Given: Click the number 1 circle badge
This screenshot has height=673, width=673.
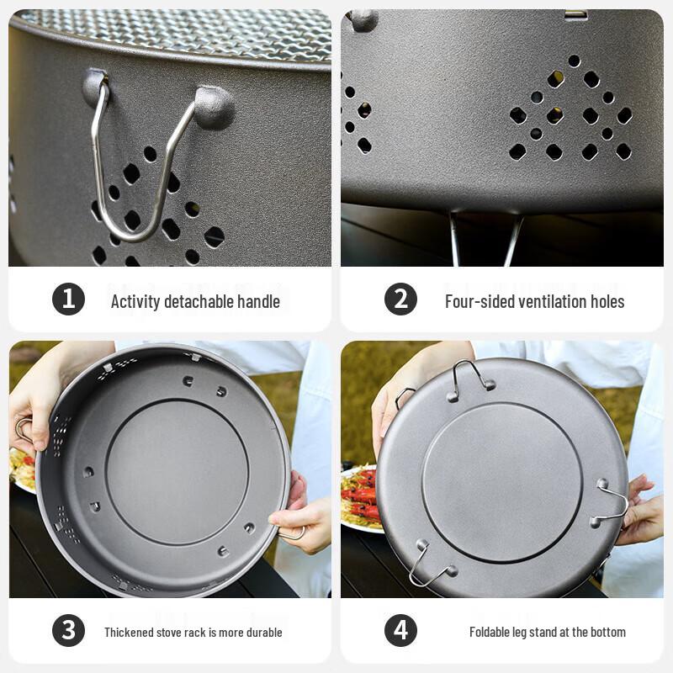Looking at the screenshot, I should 68,299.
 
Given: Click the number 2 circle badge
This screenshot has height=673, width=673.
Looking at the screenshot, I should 401,299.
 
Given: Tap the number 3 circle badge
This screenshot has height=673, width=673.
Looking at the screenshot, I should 68,631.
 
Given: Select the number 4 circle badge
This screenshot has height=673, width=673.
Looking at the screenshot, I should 401,631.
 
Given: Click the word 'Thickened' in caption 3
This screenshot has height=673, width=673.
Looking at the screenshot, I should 128,632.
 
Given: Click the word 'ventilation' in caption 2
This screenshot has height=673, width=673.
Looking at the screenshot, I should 553,301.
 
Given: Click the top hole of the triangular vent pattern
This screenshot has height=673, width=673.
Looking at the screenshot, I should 573,61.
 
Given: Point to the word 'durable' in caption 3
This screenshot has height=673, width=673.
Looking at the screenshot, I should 262,632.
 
